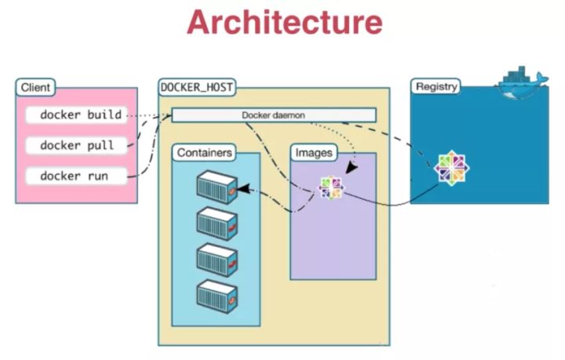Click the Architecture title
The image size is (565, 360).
[x=284, y=23]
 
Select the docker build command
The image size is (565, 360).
[x=81, y=115]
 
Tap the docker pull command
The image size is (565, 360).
[x=76, y=145]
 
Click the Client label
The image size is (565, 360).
[x=35, y=87]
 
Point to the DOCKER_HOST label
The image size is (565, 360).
[x=197, y=86]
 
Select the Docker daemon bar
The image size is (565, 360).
[x=273, y=115]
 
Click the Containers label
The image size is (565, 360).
[x=204, y=152]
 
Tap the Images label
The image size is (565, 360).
[x=312, y=152]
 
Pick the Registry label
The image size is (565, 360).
[x=436, y=86]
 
